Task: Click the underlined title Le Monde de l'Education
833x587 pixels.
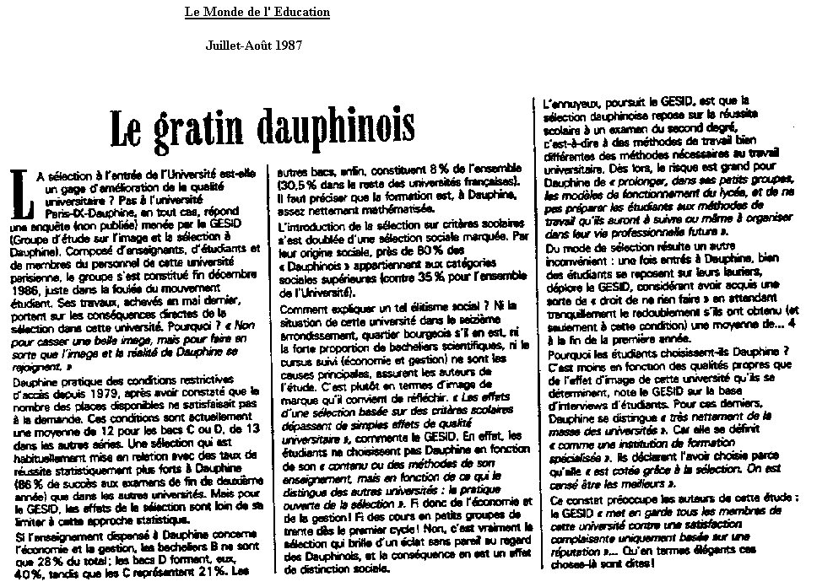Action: [x=257, y=13]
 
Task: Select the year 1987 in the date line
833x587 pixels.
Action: [x=287, y=46]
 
